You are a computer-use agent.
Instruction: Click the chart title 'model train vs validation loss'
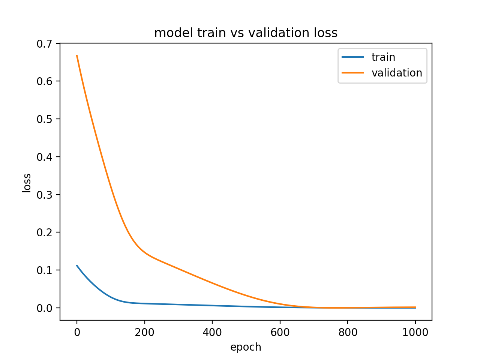click(x=246, y=33)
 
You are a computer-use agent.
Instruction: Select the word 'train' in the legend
click(x=383, y=57)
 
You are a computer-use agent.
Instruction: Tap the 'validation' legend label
click(x=397, y=73)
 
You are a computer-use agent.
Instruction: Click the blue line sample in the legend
click(x=352, y=57)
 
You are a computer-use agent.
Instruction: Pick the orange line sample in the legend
click(x=352, y=73)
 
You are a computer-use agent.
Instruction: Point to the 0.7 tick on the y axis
click(x=44, y=44)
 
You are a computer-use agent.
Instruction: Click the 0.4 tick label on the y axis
click(x=44, y=157)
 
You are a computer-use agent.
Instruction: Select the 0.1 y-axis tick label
click(x=44, y=270)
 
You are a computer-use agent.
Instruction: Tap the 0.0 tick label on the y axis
click(x=44, y=308)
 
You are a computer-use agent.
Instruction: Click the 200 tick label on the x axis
click(x=145, y=332)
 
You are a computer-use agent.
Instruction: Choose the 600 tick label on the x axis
click(x=280, y=332)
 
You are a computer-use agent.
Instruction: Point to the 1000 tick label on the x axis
click(x=415, y=332)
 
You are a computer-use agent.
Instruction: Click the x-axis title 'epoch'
click(x=246, y=347)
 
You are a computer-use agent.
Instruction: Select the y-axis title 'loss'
click(x=27, y=183)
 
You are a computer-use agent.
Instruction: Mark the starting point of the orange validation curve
click(x=77, y=55)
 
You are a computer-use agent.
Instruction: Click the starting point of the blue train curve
click(x=77, y=265)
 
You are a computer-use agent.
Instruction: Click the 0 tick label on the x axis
click(x=77, y=332)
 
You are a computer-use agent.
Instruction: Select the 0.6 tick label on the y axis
click(x=44, y=81)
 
